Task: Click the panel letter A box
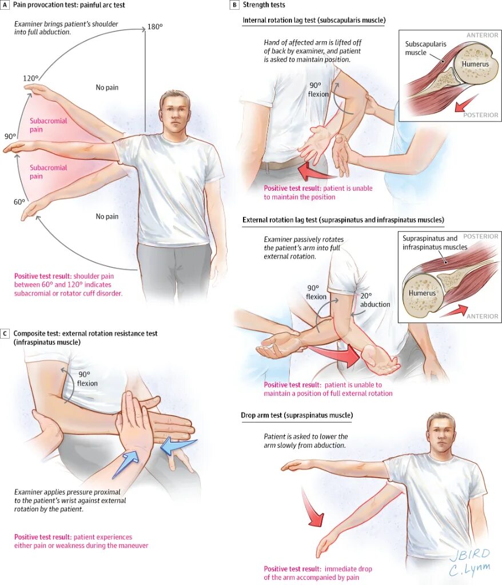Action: click(5, 5)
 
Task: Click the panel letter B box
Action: click(234, 5)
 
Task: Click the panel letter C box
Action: click(5, 333)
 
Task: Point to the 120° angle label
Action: click(31, 78)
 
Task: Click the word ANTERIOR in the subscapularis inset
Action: click(482, 35)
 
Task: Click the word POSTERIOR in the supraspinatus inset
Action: click(481, 236)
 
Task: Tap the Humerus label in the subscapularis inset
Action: click(476, 65)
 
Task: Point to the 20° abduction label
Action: click(374, 300)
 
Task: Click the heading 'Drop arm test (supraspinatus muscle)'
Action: click(296, 415)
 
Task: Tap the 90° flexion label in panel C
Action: click(87, 379)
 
